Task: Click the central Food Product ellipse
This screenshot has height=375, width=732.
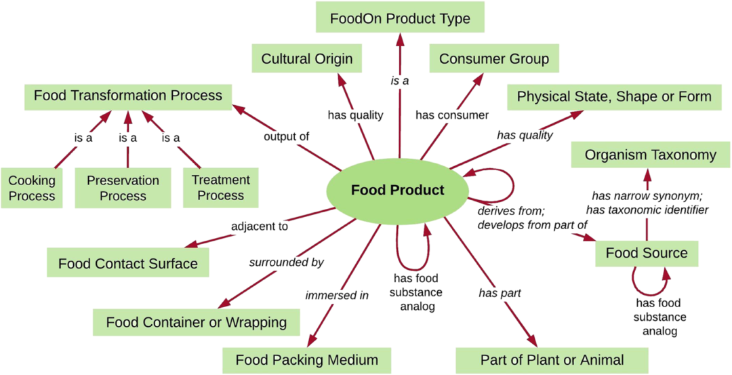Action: [397, 190]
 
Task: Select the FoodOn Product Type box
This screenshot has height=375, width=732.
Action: [400, 18]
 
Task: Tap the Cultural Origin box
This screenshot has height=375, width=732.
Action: [307, 59]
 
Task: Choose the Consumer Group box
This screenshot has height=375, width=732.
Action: [493, 59]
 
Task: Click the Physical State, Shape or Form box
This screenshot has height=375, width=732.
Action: [614, 96]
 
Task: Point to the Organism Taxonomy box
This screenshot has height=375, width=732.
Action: [650, 155]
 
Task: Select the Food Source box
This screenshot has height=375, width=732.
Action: [646, 253]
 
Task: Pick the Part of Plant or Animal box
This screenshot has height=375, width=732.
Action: [552, 359]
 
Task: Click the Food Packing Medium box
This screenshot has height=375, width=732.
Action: [306, 359]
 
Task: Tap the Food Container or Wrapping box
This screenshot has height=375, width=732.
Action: [197, 321]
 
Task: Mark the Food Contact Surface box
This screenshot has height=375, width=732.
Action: [128, 263]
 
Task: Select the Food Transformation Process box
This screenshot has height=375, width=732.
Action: [128, 96]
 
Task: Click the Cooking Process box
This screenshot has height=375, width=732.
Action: [32, 188]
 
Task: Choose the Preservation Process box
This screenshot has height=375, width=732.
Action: [123, 188]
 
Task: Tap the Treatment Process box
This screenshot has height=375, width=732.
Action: [220, 188]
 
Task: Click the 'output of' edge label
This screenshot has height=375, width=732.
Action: [286, 136]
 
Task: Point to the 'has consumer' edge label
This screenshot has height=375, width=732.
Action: [452, 115]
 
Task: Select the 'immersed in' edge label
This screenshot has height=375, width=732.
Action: [337, 295]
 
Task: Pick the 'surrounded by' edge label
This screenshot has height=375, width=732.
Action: [286, 262]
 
